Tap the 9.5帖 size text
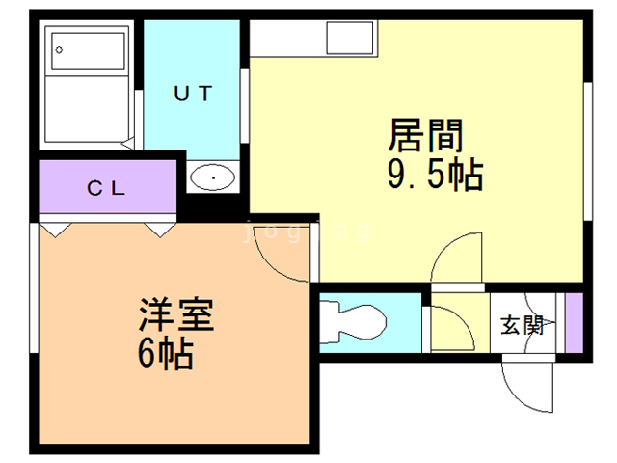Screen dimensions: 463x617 click(x=435, y=176)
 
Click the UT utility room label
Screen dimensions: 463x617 click(x=193, y=94)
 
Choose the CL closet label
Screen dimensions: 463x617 click(x=107, y=188)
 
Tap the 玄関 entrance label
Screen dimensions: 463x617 click(x=522, y=325)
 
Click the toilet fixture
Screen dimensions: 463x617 click(x=357, y=321)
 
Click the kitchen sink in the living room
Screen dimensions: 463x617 click(x=348, y=40)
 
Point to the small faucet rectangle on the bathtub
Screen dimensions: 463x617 click(x=60, y=48)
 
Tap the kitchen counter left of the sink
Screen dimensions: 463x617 click(x=287, y=40)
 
